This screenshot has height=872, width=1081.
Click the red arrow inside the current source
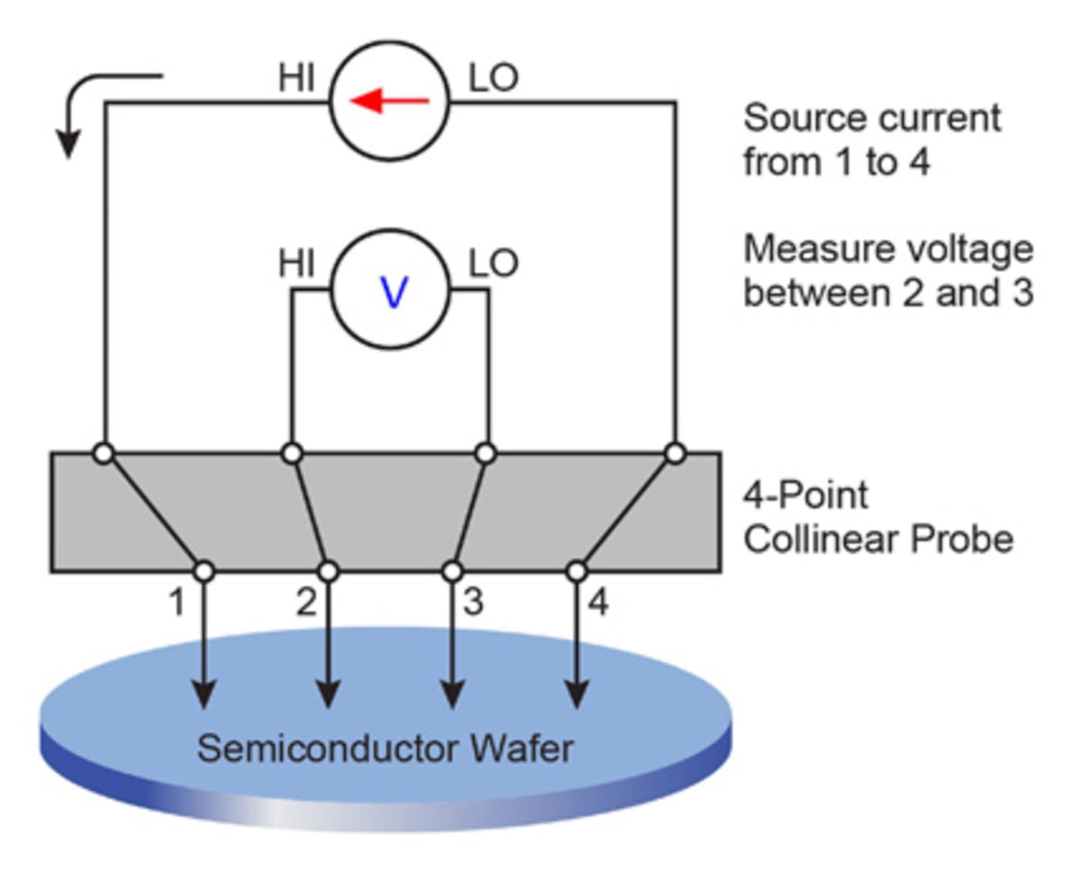[389, 102]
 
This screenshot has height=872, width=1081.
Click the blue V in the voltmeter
[393, 292]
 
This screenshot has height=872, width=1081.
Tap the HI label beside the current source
[296, 78]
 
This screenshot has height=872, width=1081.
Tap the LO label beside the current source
[494, 78]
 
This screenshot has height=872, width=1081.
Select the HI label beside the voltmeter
[296, 264]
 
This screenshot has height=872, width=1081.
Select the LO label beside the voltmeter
[494, 264]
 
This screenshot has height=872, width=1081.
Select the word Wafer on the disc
[522, 748]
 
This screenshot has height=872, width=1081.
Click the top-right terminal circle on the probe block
[675, 453]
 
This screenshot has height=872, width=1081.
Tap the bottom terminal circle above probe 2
[329, 571]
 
